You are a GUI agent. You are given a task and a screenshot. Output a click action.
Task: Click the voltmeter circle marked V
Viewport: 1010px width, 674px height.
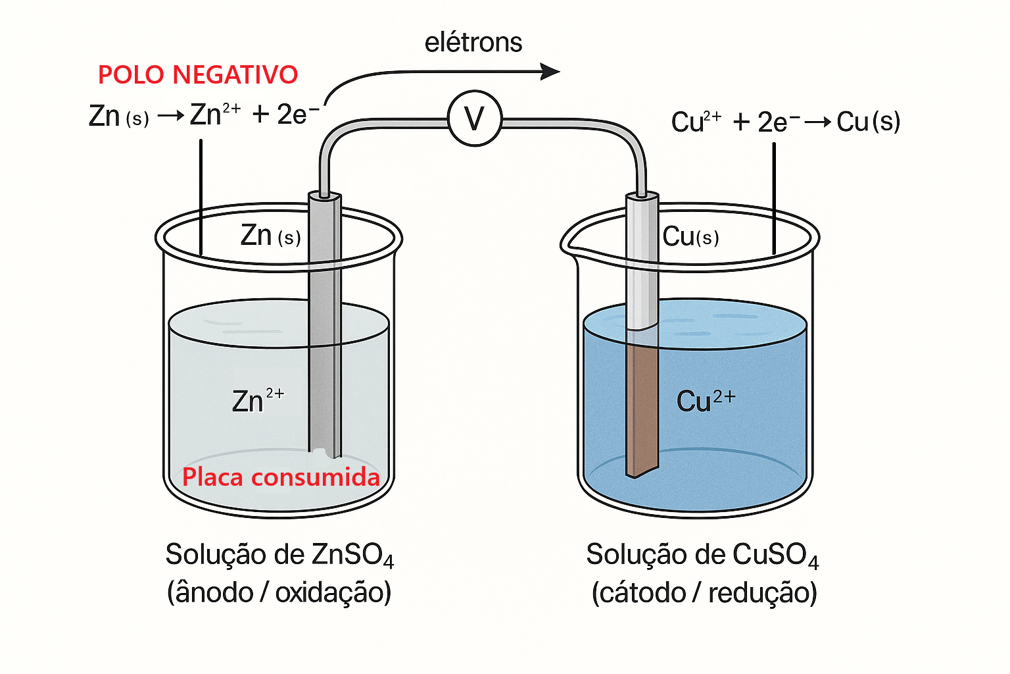[474, 118]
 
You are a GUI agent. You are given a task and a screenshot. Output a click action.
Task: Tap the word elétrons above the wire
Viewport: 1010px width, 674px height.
[473, 42]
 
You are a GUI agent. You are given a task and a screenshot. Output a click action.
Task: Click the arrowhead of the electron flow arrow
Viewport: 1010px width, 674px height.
[550, 71]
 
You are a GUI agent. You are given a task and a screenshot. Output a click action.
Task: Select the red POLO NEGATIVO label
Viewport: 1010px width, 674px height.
[198, 74]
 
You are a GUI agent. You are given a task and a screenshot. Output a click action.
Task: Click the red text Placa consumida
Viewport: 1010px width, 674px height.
[281, 477]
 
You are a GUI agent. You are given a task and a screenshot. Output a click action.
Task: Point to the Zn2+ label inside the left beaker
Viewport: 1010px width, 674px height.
[258, 400]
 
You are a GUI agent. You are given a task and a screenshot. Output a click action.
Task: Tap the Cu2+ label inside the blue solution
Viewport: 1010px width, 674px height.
[706, 400]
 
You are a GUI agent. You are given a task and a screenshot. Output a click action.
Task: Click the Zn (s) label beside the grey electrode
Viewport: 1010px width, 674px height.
[270, 235]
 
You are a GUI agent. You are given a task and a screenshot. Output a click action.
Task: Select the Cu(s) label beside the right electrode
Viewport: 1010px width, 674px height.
[690, 236]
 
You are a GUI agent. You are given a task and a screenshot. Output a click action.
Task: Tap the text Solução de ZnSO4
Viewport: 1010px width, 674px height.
[279, 555]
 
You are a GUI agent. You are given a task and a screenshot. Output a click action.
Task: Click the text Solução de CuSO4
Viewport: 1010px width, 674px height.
[702, 555]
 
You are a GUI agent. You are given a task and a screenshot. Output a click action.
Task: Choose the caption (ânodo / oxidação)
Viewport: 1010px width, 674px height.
[279, 592]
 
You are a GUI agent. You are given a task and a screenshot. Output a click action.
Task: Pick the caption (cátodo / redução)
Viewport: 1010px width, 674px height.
[704, 593]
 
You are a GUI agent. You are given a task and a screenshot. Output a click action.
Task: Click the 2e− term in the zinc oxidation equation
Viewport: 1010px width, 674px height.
[298, 115]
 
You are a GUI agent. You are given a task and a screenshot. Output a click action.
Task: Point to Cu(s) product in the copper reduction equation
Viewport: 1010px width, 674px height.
[869, 121]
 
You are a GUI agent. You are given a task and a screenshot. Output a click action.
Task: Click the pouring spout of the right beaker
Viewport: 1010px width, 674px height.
[569, 246]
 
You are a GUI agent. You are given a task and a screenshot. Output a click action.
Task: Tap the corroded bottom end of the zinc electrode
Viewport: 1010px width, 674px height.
[325, 453]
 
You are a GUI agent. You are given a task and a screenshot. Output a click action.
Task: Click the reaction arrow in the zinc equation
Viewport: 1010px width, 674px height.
[171, 116]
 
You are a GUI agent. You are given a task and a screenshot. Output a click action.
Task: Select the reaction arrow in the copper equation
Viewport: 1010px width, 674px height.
[817, 122]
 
